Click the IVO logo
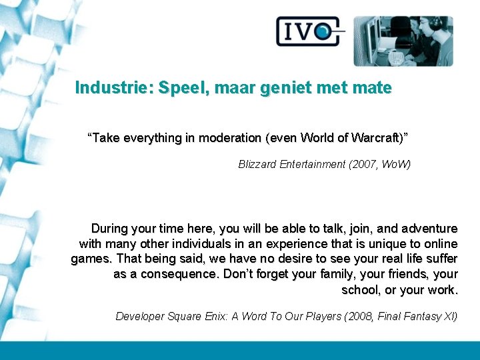310,31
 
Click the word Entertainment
313,164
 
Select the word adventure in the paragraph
429,229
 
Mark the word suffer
440,259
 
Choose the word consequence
177,275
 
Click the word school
359,290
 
